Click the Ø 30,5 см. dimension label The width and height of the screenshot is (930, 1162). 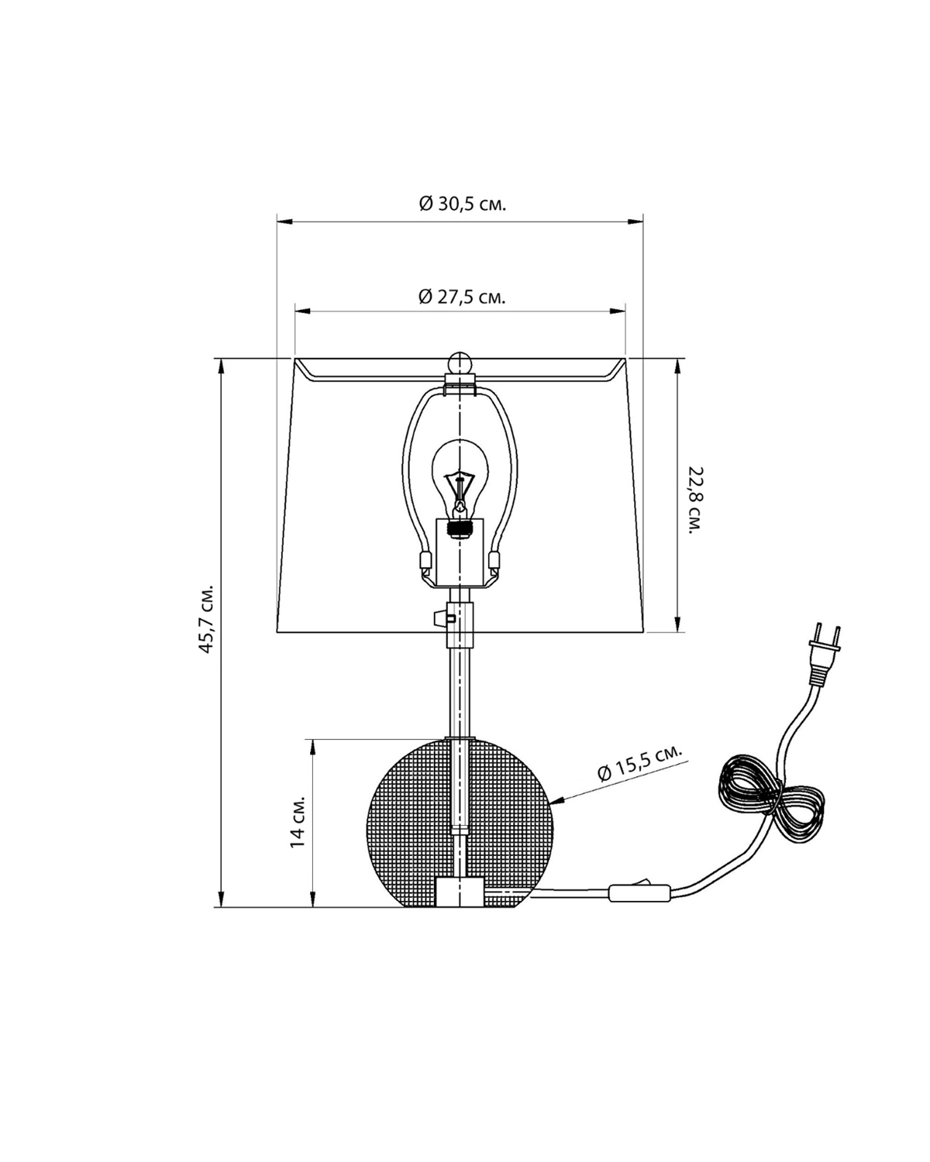click(x=463, y=204)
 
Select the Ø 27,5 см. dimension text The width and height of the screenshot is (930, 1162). click(x=462, y=297)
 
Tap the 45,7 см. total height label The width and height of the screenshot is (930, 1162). click(x=207, y=619)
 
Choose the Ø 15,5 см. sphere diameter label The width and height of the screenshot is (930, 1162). click(x=640, y=762)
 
